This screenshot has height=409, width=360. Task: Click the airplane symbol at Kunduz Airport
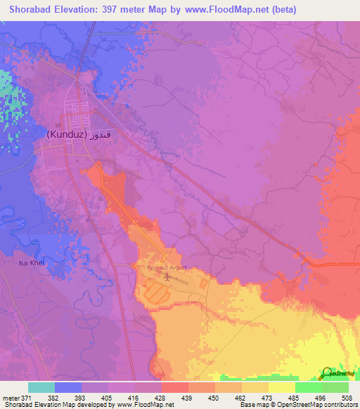click(167, 277)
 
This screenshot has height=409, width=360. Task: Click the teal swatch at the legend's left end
click(41, 387)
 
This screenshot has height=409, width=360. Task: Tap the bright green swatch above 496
click(308, 387)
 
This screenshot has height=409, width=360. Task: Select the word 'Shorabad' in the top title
click(32, 10)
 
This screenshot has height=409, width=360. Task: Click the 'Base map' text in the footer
click(252, 405)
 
